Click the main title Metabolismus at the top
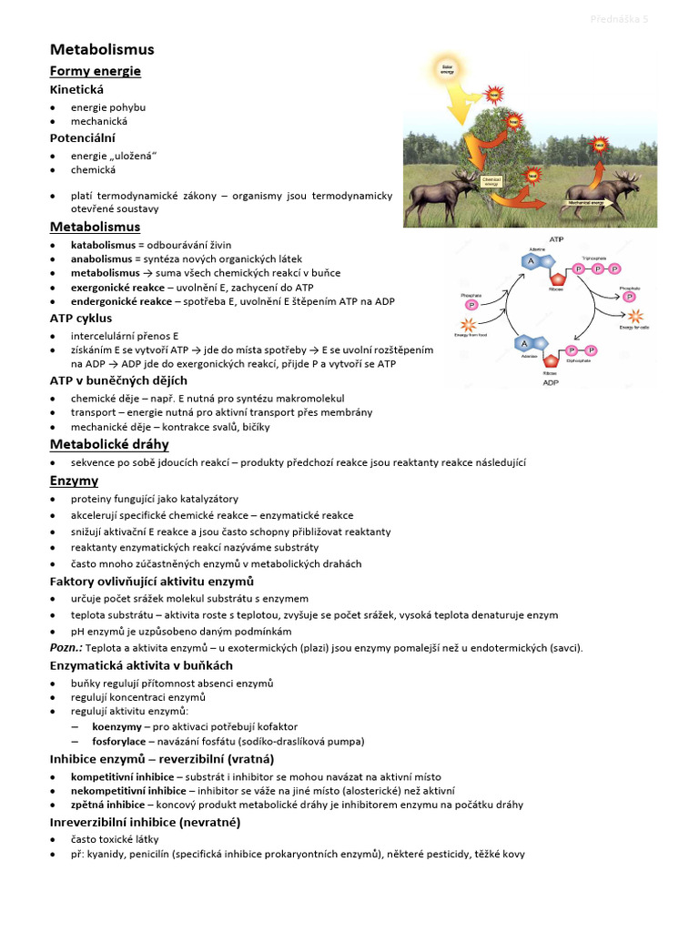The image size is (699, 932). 102,49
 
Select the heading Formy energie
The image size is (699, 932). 95,71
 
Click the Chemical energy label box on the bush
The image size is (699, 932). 492,180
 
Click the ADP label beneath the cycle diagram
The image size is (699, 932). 551,383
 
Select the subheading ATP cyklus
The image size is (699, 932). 81,319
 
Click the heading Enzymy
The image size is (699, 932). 74,480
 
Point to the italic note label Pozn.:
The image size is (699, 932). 66,647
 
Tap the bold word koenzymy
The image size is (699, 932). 116,726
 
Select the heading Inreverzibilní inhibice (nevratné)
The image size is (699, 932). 145,822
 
